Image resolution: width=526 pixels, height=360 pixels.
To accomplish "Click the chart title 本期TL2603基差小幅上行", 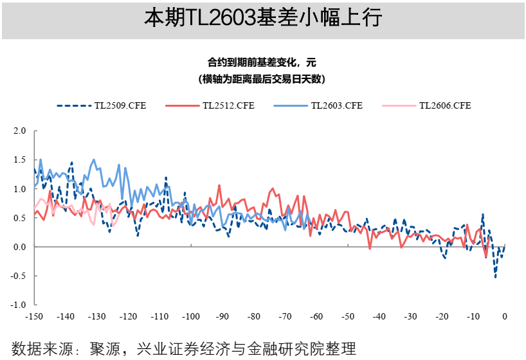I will tap(262, 18).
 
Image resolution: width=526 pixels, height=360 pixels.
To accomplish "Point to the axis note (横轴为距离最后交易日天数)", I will tap(262, 79).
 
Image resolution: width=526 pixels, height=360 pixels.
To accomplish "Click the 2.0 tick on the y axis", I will tap(20, 130).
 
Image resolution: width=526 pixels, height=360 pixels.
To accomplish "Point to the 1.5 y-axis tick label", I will tap(20, 159).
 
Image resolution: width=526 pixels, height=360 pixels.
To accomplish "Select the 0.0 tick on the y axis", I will tap(20, 247).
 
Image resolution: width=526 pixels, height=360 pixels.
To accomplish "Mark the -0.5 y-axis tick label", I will tap(19, 276).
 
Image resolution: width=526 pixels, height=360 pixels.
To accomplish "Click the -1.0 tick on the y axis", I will tap(19, 305).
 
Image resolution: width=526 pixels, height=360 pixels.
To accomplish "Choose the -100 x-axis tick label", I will tap(190, 316).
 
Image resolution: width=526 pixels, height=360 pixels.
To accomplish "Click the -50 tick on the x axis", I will tap(347, 316).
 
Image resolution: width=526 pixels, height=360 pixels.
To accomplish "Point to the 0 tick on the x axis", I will tap(505, 316).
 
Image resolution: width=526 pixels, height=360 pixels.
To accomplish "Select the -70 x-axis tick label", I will tap(285, 316).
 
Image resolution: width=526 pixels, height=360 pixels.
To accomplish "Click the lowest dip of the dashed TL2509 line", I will tap(495, 276).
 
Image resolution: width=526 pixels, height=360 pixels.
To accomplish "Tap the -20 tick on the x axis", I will tap(442, 316).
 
